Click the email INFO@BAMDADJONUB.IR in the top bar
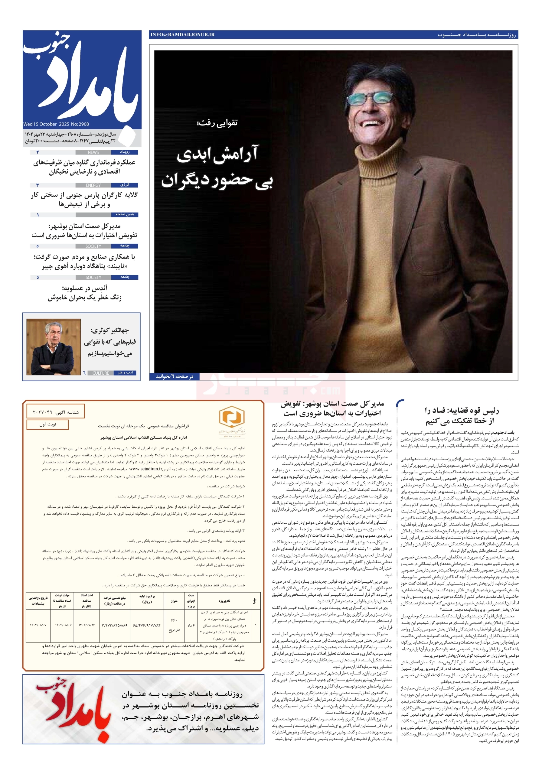[182, 34]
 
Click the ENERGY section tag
[93, 185]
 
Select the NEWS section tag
[93, 152]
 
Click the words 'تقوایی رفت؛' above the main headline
[217, 123]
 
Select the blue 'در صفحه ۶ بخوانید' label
[175, 376]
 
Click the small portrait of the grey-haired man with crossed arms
[54, 347]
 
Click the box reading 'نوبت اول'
[47, 424]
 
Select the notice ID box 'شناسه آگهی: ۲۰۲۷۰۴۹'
[56, 412]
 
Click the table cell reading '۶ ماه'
[191, 625]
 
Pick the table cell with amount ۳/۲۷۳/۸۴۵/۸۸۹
[115, 625]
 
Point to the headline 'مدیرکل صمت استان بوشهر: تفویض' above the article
[332, 404]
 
